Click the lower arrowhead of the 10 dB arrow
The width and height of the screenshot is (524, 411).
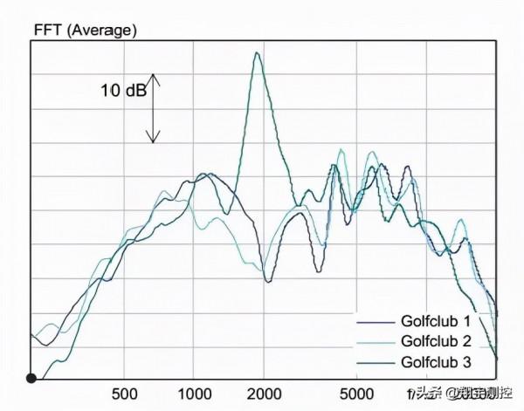(154, 139)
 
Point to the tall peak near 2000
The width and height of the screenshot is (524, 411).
(257, 54)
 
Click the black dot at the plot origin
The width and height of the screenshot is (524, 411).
(31, 378)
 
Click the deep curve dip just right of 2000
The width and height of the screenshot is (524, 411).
(268, 280)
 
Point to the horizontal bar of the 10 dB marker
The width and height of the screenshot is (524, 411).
(154, 77)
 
